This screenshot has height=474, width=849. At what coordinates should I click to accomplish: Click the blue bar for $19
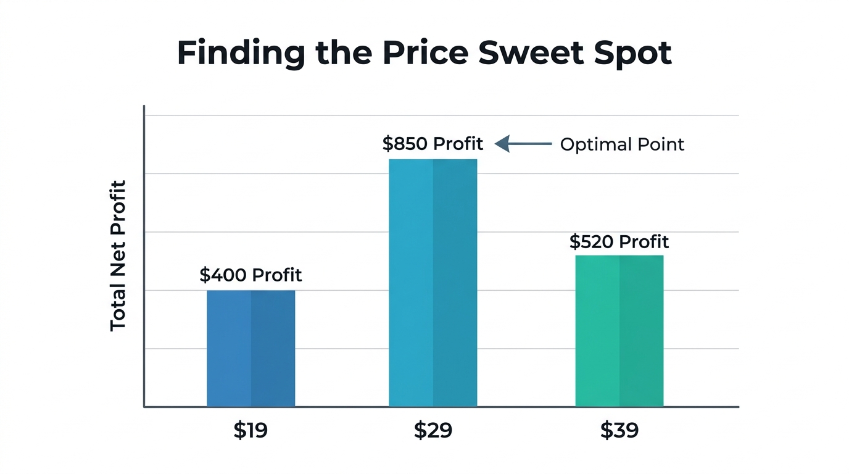click(251, 348)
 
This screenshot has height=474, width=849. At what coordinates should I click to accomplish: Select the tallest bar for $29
click(433, 283)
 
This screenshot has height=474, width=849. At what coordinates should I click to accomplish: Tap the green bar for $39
click(619, 331)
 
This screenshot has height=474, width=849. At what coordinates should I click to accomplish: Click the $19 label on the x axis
click(251, 430)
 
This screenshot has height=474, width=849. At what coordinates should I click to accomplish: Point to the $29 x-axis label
click(433, 430)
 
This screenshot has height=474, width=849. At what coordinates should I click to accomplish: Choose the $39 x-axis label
click(619, 430)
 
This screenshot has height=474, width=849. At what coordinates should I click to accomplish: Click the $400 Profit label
click(251, 275)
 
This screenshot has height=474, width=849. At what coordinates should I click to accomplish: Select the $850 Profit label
click(433, 144)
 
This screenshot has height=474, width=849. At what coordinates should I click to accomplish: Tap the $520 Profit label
click(619, 241)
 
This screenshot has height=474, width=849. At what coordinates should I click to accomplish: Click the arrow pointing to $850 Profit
click(523, 144)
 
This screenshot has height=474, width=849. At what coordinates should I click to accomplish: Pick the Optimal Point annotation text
click(622, 144)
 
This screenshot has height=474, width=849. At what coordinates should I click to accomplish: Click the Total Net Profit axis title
click(118, 256)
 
